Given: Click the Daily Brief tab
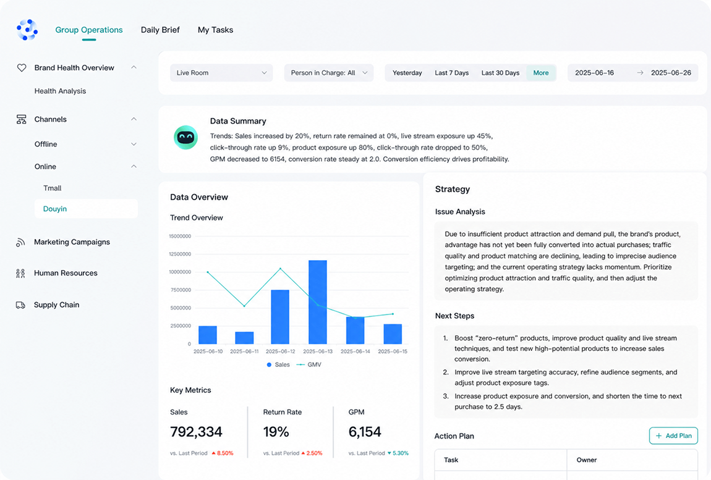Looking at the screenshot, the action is (160, 30).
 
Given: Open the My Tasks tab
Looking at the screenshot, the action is (215, 30).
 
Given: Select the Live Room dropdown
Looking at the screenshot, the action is (221, 73).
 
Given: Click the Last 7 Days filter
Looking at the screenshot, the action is (451, 73).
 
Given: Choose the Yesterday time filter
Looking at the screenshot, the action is (407, 73).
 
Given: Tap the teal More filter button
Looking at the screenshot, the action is (541, 73).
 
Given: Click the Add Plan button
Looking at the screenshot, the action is (673, 436).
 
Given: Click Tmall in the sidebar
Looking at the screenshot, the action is (52, 188).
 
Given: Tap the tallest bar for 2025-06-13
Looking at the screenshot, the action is (318, 302).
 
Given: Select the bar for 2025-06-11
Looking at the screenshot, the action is (244, 338).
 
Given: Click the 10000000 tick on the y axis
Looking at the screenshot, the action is (180, 272).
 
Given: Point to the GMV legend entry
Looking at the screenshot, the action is (309, 364).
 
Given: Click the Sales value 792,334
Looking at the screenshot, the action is (196, 432).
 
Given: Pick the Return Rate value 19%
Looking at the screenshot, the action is (276, 432).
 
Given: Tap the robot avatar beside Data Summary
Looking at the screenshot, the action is (185, 137).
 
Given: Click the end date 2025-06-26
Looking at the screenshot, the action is (671, 73).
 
